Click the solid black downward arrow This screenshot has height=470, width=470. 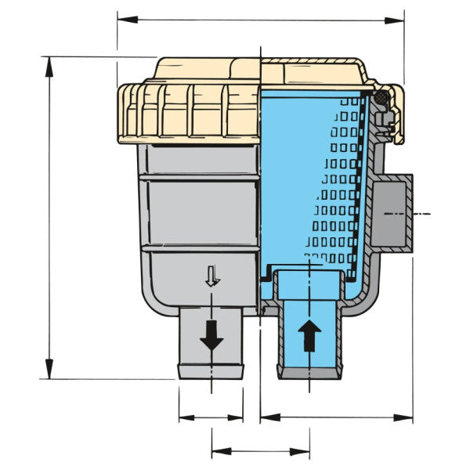(211, 336)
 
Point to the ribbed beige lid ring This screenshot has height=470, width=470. (188, 114)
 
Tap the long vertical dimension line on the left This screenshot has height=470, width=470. (49, 219)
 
